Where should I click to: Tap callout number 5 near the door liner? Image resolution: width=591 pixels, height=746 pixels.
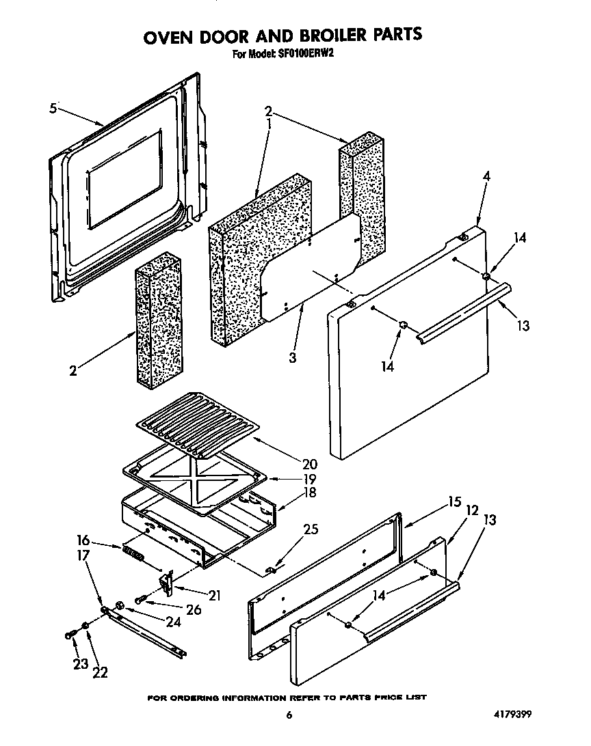click(x=53, y=108)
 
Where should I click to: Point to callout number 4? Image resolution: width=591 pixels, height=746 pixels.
click(x=486, y=176)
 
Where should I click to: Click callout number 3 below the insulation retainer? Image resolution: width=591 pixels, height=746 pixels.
click(x=292, y=357)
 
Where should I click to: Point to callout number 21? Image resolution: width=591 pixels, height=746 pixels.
click(x=214, y=594)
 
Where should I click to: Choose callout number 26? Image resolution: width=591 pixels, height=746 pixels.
click(x=194, y=609)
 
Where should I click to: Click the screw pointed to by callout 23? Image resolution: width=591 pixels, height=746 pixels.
click(x=70, y=635)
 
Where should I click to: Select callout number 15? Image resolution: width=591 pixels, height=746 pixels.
click(x=454, y=503)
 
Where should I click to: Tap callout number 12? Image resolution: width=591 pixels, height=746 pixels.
click(x=471, y=509)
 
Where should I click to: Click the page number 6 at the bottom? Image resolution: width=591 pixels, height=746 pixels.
click(x=289, y=716)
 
